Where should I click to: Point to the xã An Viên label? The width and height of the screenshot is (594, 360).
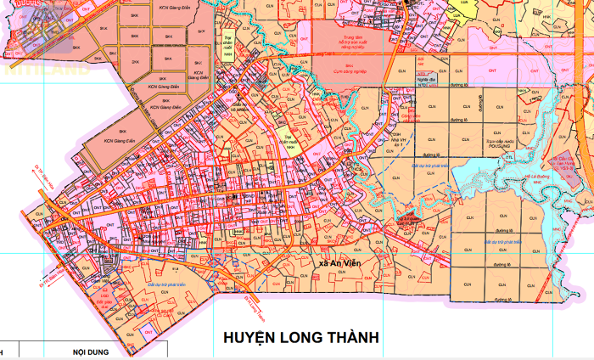[x=334, y=263]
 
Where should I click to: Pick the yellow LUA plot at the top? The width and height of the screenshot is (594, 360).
[x=464, y=3]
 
